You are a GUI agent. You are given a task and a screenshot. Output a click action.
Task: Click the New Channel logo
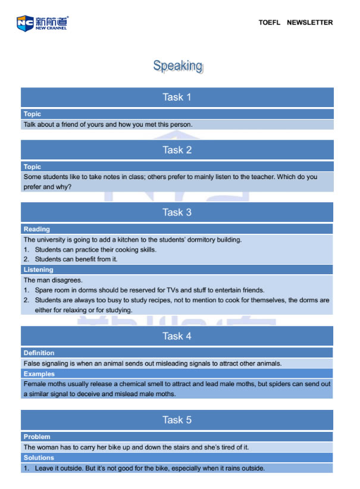pyautogui.click(x=42, y=23)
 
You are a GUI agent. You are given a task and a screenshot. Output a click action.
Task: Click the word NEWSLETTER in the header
pyautogui.click(x=309, y=23)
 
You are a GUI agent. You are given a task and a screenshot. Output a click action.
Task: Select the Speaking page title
pyautogui.click(x=177, y=65)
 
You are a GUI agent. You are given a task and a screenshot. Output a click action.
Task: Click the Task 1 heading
pyautogui.click(x=177, y=97)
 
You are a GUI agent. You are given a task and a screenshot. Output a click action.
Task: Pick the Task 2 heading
pyautogui.click(x=177, y=150)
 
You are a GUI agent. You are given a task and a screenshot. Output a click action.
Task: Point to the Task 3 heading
pyautogui.click(x=177, y=212)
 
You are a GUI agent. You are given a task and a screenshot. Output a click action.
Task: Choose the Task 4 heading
pyautogui.click(x=177, y=336)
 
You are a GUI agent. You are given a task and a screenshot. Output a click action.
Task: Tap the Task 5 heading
pyautogui.click(x=177, y=420)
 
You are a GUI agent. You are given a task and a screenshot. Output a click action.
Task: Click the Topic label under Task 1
pyautogui.click(x=32, y=114)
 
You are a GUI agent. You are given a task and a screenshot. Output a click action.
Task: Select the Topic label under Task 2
pyautogui.click(x=32, y=167)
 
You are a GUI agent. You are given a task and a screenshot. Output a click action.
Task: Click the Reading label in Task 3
pyautogui.click(x=37, y=229)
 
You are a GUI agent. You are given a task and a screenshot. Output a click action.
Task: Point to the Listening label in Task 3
pyautogui.click(x=39, y=269)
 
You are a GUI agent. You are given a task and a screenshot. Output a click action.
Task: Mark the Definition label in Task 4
pyautogui.click(x=39, y=353)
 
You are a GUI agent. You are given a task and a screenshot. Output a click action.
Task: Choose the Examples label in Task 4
pyautogui.click(x=39, y=374)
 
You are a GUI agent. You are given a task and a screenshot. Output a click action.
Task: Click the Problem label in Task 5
pyautogui.click(x=37, y=437)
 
